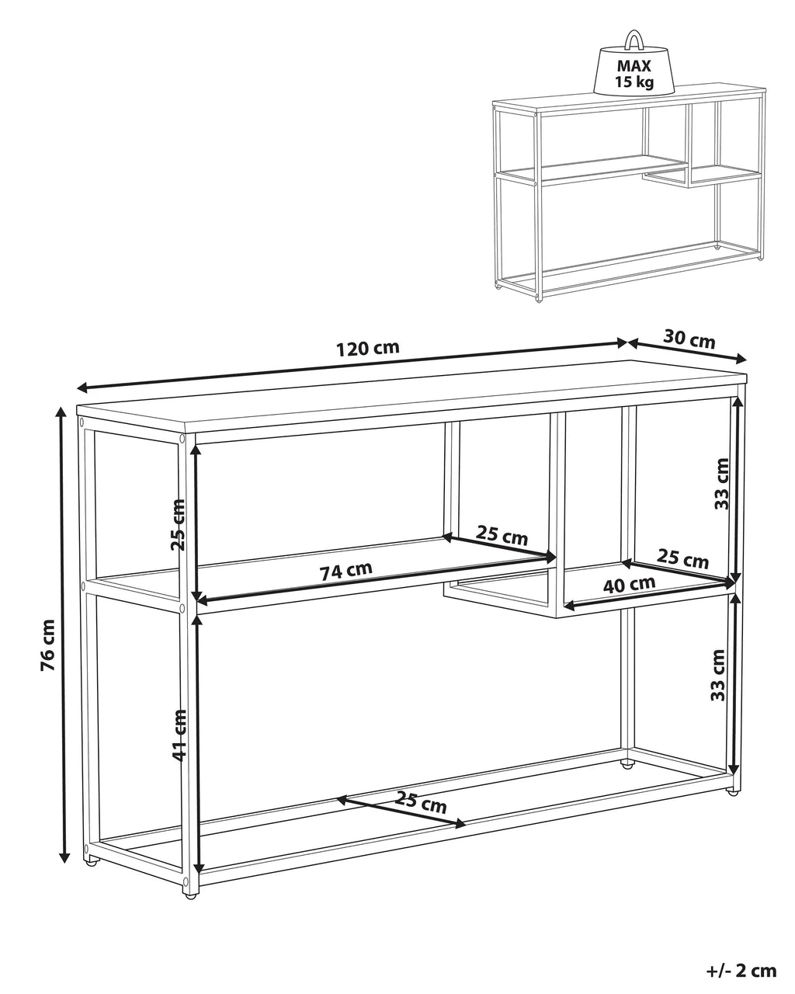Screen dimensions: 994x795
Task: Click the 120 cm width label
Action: click(x=368, y=348)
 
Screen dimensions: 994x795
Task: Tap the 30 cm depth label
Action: click(x=689, y=339)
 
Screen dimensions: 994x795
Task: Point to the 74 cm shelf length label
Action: click(x=346, y=571)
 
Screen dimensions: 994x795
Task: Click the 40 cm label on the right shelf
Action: click(x=630, y=584)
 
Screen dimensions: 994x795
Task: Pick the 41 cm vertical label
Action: click(x=179, y=734)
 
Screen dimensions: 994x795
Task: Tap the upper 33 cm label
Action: click(x=721, y=483)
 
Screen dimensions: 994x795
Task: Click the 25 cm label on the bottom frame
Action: click(x=421, y=801)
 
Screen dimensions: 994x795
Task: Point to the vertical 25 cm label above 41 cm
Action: click(x=179, y=524)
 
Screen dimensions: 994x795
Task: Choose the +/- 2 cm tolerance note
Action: click(x=741, y=970)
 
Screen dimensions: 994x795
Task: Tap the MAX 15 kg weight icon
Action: click(x=634, y=66)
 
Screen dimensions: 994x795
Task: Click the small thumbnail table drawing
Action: click(x=627, y=194)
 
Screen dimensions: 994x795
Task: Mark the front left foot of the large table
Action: click(x=189, y=895)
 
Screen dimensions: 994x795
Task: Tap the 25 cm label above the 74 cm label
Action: click(x=502, y=536)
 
